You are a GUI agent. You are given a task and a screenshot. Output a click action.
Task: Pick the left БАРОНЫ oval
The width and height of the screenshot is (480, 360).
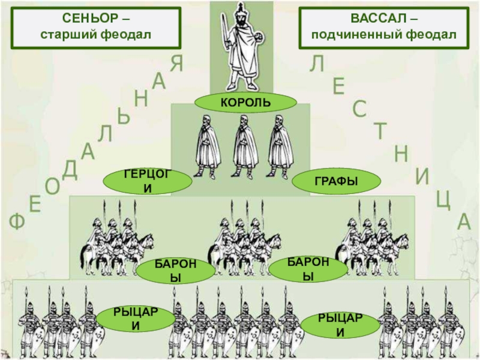[x=175, y=271]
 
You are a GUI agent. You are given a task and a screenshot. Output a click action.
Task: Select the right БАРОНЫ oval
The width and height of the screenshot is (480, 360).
[x=307, y=268]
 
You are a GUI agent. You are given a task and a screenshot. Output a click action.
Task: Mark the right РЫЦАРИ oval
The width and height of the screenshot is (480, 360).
[x=340, y=322]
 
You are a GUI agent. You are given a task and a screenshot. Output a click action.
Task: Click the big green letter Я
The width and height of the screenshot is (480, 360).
[x=176, y=62]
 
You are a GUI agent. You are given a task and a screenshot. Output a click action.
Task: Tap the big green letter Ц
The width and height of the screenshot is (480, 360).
[x=443, y=199]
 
